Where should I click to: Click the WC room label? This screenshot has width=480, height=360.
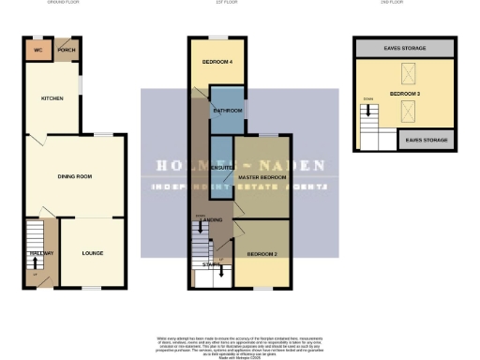tap(38, 50)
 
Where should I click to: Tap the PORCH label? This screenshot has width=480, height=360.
tap(66, 50)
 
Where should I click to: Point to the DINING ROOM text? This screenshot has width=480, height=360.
tap(74, 176)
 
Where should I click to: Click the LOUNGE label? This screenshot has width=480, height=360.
tap(92, 253)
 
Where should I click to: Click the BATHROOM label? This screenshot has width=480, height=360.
tap(228, 111)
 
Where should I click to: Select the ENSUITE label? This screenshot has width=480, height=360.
tap(221, 169)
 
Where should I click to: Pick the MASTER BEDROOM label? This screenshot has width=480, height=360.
tap(261, 177)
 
